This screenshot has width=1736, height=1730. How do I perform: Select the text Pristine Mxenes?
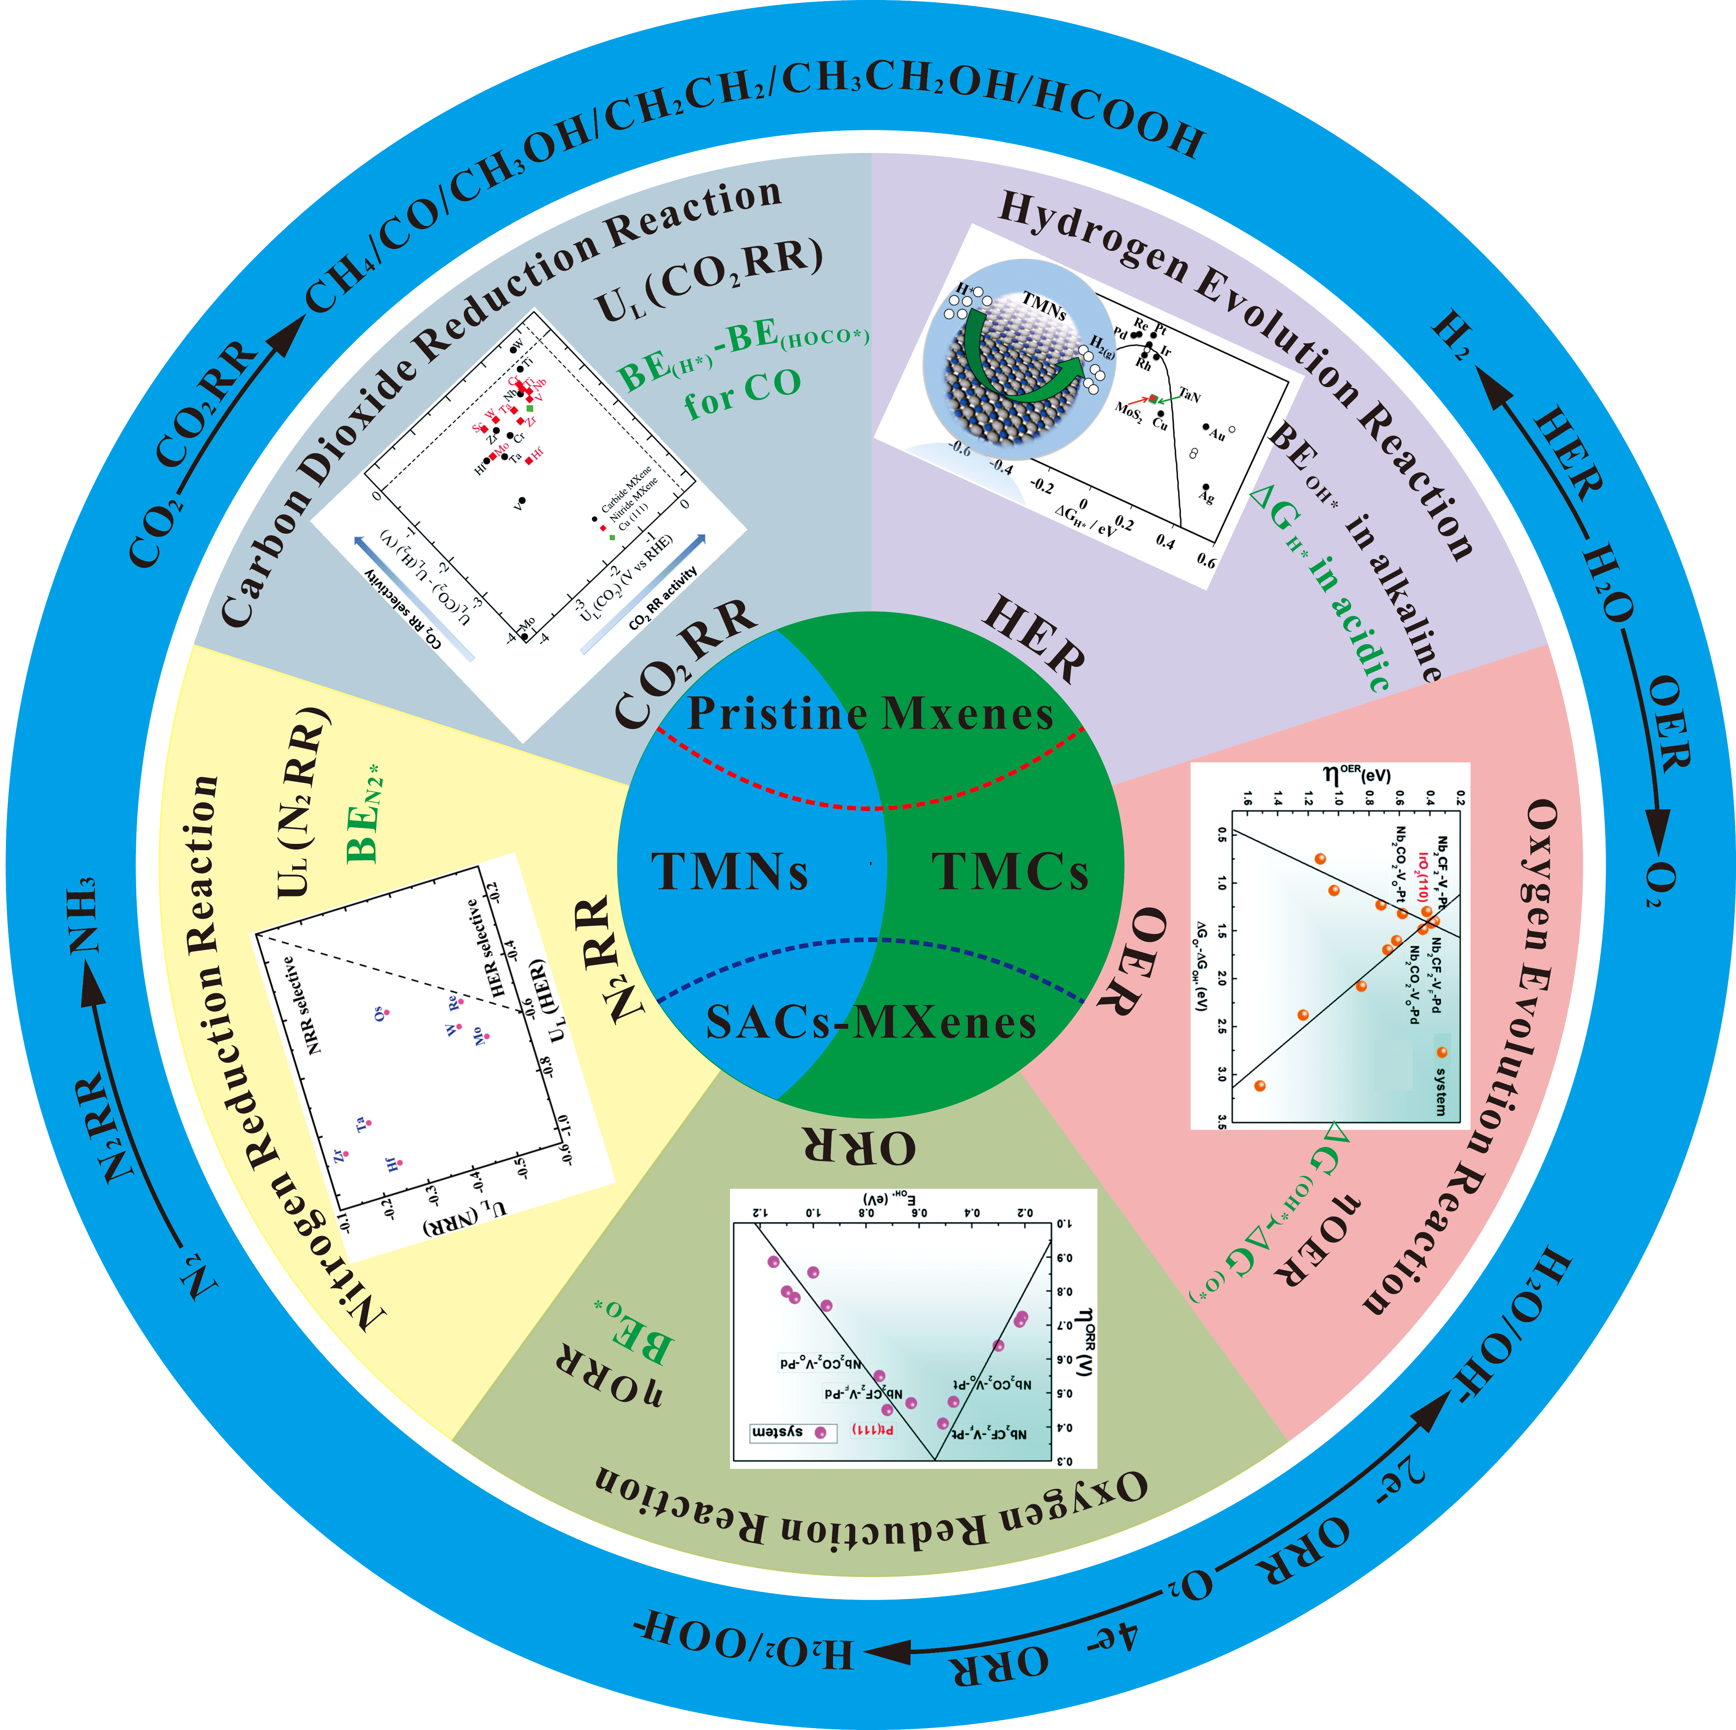click(870, 714)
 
